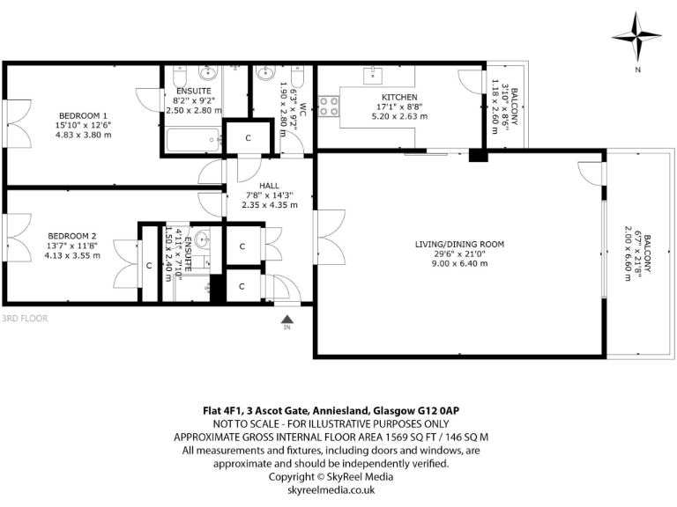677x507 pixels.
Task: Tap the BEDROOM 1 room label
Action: click(83, 115)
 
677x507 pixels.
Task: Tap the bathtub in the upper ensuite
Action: click(193, 139)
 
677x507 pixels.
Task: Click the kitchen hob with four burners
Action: click(330, 107)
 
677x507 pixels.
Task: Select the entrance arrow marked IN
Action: click(286, 321)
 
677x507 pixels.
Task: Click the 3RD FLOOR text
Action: click(25, 318)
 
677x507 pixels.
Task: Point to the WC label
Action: click(301, 109)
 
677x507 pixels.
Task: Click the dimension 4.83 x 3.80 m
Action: click(83, 135)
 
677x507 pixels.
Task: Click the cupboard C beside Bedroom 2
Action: click(148, 264)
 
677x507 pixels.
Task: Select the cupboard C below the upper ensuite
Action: click(249, 138)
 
